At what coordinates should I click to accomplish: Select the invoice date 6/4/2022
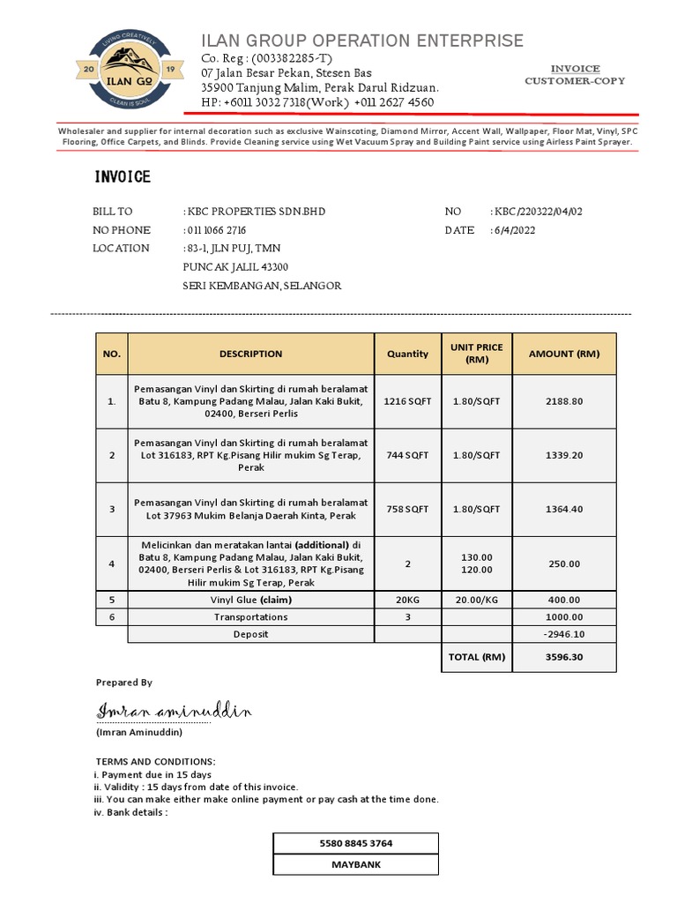(x=515, y=231)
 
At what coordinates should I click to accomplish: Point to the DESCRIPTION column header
(x=251, y=354)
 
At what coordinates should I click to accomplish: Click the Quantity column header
(x=407, y=354)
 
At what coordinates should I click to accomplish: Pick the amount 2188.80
(x=564, y=401)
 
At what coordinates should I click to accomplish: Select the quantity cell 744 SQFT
(x=407, y=455)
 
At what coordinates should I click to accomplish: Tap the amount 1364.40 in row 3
(x=564, y=509)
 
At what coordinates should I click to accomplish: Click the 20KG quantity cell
(x=407, y=600)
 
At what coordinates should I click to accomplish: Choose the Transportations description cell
(x=251, y=617)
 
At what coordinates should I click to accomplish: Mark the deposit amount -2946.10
(x=564, y=634)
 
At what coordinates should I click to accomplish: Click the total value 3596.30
(x=564, y=657)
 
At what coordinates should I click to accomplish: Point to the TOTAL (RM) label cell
(x=476, y=657)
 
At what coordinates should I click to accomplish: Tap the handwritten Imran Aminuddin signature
(x=175, y=711)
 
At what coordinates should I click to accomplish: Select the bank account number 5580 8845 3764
(x=356, y=844)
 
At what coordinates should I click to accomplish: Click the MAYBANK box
(x=356, y=865)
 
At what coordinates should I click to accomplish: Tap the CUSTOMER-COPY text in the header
(x=575, y=81)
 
